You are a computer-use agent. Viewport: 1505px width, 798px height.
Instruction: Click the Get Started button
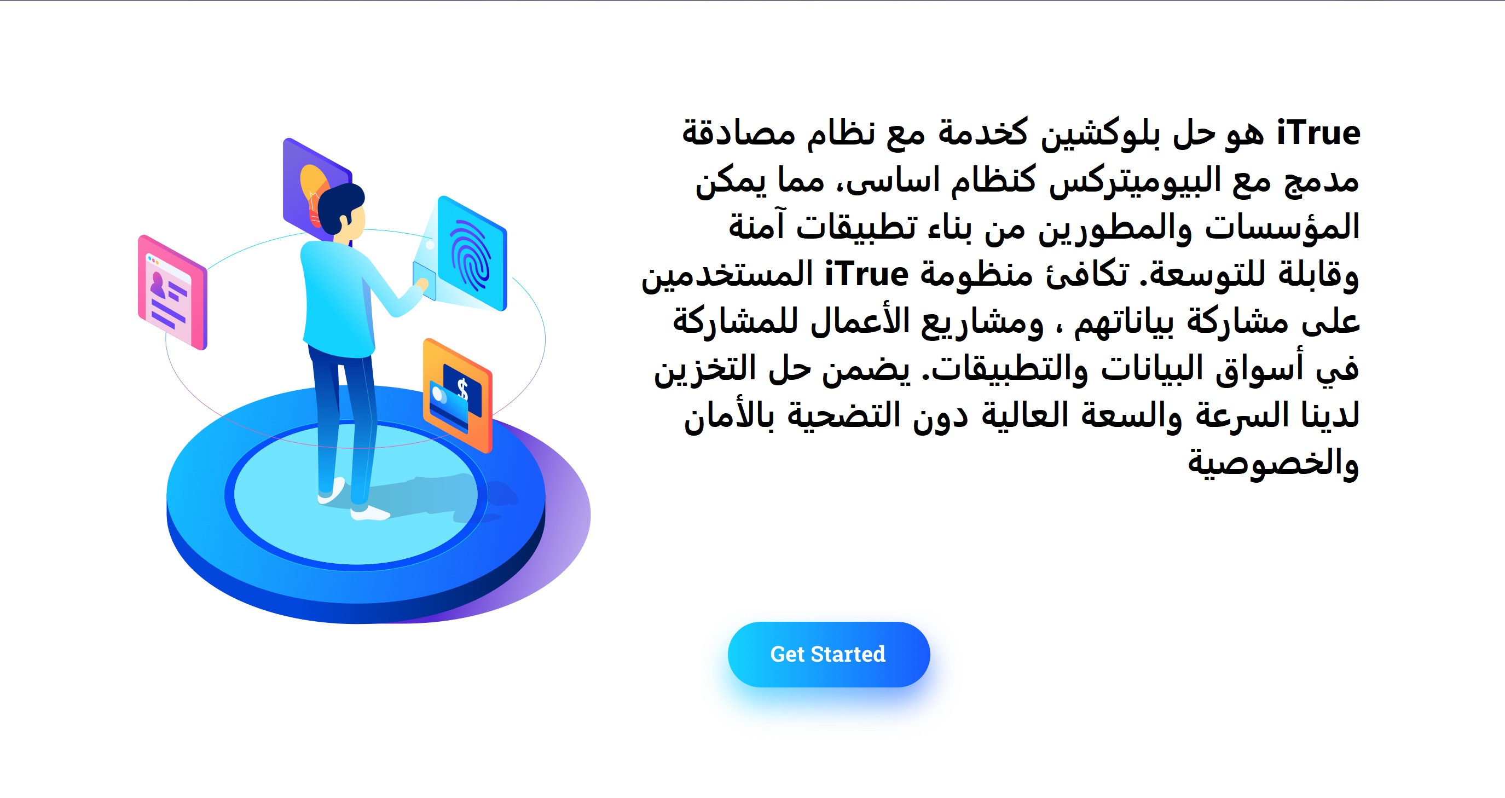tap(829, 654)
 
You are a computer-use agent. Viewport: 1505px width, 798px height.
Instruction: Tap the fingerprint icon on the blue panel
tap(471, 255)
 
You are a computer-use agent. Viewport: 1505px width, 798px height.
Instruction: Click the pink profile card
tap(172, 292)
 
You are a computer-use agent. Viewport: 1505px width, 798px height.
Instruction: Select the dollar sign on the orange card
tap(462, 389)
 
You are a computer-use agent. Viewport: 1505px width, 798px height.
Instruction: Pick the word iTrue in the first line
tap(1318, 134)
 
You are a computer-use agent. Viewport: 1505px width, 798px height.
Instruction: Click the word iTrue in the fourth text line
tap(866, 275)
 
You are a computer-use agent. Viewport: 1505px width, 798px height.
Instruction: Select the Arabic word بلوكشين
tap(1092, 134)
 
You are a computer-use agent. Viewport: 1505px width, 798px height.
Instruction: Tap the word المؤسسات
tap(1282, 227)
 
